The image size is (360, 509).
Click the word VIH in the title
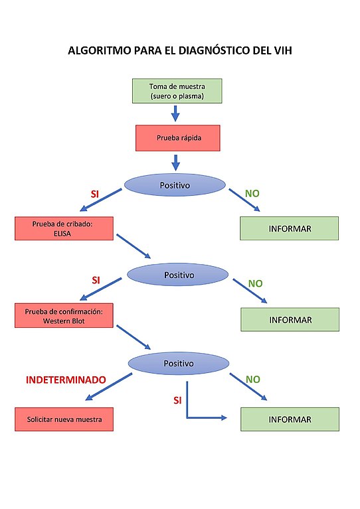[x=283, y=50]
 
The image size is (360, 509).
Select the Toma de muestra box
[x=177, y=91]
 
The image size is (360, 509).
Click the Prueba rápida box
[x=178, y=138]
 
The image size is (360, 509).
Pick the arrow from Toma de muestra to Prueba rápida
[x=175, y=113]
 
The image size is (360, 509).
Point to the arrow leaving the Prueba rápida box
[x=175, y=163]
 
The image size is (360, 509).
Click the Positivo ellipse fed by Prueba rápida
[x=175, y=185]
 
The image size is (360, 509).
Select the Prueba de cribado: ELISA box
[x=64, y=228]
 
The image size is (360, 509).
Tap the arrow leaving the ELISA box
[x=134, y=246]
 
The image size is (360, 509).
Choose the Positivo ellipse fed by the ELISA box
[x=178, y=275]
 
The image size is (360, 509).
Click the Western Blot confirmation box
[x=64, y=315]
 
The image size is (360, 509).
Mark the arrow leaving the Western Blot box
[x=134, y=337]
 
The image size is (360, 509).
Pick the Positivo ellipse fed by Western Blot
[x=179, y=363]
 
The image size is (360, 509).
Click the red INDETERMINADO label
[x=66, y=380]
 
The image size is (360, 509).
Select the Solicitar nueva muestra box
[x=64, y=419]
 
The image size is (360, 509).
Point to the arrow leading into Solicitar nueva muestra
[x=109, y=387]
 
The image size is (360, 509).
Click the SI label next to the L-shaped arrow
[x=177, y=400]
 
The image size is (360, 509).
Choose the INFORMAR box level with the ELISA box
[x=290, y=228]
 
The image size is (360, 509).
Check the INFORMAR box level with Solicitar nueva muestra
[x=290, y=419]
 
